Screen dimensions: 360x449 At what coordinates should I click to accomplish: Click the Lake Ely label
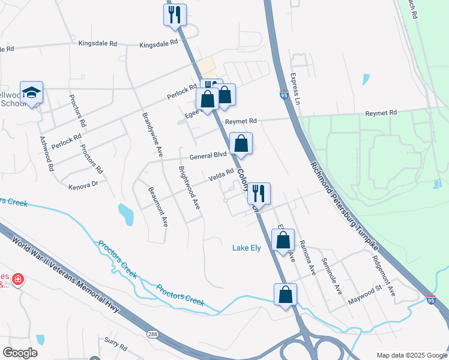pos(246,248)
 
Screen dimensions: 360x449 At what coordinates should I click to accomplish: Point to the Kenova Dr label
pos(83,186)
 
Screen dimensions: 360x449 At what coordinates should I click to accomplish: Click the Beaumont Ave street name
pos(158,206)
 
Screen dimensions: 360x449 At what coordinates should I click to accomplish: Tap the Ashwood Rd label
pos(47,153)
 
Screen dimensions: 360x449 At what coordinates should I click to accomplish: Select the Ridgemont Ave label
pos(384,277)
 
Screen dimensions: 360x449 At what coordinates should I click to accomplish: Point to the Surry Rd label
pos(115,347)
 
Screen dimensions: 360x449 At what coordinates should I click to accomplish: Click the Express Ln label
pos(295,89)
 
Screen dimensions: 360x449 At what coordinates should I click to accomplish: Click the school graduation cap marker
pos(32,92)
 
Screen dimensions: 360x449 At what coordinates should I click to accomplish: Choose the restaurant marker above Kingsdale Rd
pos(175,14)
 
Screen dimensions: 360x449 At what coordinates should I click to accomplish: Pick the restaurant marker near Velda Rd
pos(259,193)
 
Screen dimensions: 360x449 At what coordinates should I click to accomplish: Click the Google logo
pos(20,353)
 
